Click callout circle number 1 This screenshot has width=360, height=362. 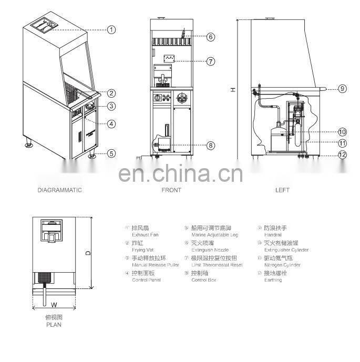[x=111, y=29]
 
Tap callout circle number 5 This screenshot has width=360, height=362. [x=111, y=153]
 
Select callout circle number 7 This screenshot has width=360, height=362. [x=211, y=61]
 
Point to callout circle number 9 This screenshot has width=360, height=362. [x=342, y=89]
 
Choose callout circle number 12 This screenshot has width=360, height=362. [x=342, y=154]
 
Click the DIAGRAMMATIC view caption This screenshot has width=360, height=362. [x=59, y=190]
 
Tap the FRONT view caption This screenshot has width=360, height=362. [x=171, y=190]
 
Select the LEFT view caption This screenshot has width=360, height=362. [x=282, y=190]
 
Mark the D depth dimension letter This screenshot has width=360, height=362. [x=88, y=253]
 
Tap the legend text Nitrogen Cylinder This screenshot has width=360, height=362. [x=282, y=265]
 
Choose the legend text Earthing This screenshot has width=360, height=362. [x=273, y=280]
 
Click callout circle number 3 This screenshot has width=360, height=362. [x=111, y=106]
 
